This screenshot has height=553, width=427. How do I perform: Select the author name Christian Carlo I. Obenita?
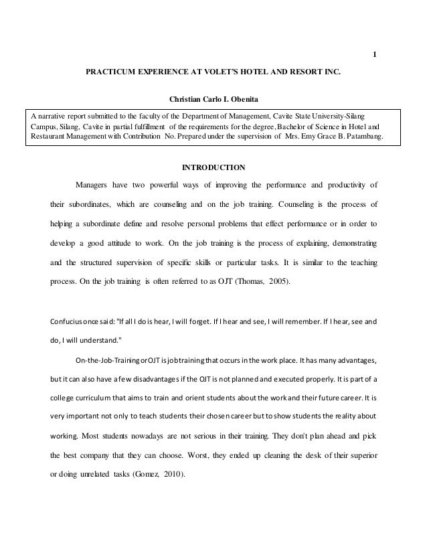point(213,102)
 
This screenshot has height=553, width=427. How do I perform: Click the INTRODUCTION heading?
point(213,167)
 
